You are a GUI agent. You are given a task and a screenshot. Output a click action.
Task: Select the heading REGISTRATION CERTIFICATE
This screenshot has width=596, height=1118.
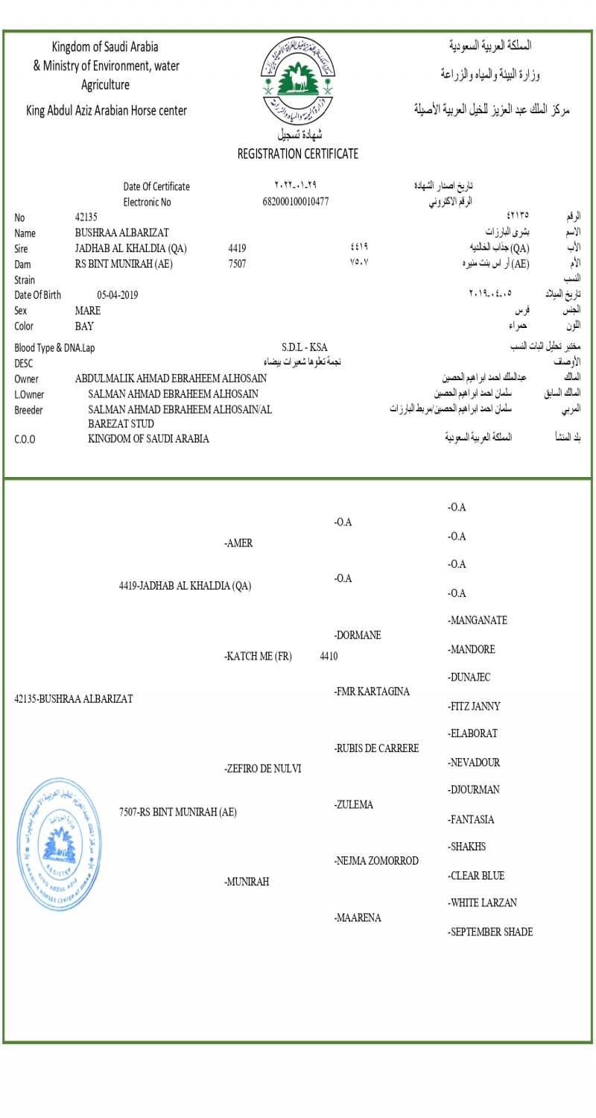click(x=297, y=154)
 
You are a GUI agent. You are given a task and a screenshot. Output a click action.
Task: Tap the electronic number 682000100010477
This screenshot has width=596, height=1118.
click(x=296, y=201)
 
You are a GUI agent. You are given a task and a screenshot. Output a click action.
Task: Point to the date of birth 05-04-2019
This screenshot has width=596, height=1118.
click(x=118, y=294)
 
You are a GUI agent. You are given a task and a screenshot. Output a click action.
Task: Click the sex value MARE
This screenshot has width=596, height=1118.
click(x=88, y=310)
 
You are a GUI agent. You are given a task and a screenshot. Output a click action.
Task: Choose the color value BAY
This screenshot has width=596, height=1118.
click(x=84, y=326)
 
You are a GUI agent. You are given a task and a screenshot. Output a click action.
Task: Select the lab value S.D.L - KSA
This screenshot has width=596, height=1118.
click(x=304, y=347)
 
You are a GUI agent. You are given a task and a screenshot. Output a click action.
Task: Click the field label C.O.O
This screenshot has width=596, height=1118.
click(x=25, y=439)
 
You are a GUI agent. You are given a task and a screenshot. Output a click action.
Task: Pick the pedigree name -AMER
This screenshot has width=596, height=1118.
click(x=238, y=543)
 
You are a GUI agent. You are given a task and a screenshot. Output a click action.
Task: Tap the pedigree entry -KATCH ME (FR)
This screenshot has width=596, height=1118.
click(x=258, y=657)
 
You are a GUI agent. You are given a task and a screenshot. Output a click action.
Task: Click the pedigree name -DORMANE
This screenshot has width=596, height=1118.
click(x=358, y=635)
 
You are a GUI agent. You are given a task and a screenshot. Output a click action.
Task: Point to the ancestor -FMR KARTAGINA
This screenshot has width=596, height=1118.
click(x=372, y=692)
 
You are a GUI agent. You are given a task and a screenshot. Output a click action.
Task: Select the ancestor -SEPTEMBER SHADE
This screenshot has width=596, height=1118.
click(x=490, y=932)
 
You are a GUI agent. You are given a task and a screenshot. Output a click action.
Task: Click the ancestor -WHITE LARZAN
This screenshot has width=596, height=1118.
click(x=482, y=903)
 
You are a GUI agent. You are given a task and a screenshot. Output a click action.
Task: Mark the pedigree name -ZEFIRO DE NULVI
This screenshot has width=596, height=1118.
click(x=262, y=768)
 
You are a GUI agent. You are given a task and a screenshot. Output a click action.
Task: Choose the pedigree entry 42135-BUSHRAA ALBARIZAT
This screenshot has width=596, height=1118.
click(x=74, y=699)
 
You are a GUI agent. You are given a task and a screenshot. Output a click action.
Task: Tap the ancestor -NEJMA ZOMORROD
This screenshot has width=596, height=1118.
click(x=376, y=861)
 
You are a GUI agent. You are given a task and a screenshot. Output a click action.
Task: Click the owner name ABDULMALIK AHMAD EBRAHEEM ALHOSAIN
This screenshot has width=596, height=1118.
click(x=171, y=379)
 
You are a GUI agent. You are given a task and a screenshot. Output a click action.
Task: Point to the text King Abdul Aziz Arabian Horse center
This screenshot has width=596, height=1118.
click(x=107, y=111)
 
